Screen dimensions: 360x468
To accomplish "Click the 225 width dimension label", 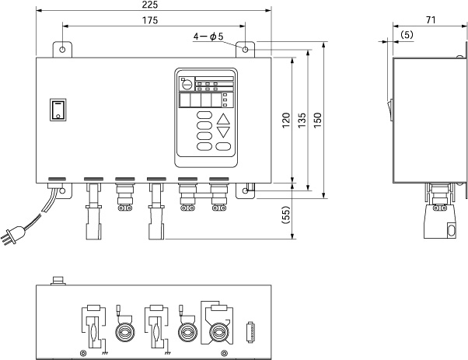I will [x=152, y=5].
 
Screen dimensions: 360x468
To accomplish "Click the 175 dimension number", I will [x=152, y=21].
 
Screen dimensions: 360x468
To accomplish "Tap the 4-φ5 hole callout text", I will [x=208, y=36].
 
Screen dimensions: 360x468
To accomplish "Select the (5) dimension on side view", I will [x=407, y=37].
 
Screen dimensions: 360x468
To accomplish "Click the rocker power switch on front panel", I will [x=58, y=110].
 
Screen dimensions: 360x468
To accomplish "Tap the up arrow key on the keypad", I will [x=224, y=120].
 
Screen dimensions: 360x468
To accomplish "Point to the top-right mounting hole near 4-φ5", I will [x=246, y=50].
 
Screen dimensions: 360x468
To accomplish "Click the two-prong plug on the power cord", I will [x=13, y=235].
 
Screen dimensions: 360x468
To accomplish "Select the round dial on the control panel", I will [x=186, y=81].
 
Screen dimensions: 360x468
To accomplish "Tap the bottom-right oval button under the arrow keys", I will [x=224, y=146].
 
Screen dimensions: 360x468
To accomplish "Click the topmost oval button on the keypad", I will [x=204, y=116].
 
